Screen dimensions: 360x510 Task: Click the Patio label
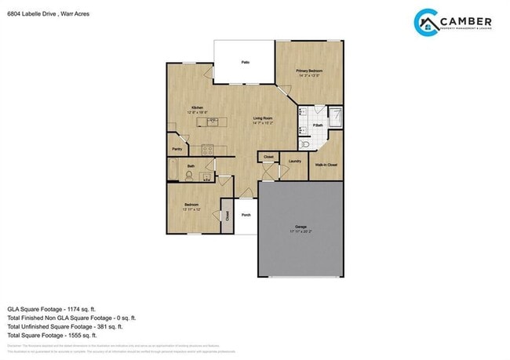245,61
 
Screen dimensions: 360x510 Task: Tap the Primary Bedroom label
309,71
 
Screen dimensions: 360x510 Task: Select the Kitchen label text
198,107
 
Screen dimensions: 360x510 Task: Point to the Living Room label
261,118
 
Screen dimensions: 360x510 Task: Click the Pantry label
177,147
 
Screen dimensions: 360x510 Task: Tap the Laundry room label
295,161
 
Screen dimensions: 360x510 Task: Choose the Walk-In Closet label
326,165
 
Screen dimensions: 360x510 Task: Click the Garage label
301,227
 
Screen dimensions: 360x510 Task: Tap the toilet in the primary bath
305,144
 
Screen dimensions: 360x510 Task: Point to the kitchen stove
207,148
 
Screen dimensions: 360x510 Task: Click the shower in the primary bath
335,118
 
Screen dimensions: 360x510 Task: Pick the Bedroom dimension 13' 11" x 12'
191,209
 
